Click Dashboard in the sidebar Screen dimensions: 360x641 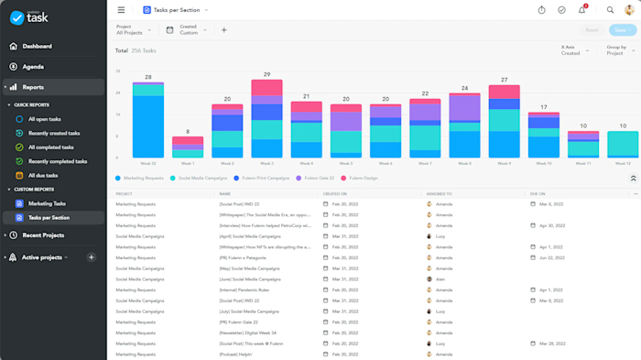click(37, 46)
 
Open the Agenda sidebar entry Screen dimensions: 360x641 click(32, 67)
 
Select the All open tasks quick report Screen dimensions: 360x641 click(44, 119)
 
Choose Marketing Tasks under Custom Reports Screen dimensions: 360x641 click(47, 203)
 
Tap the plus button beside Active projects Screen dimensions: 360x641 click(92, 257)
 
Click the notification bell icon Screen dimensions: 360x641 click(581, 10)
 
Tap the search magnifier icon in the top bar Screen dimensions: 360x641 click(611, 10)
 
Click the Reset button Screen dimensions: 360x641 click(592, 30)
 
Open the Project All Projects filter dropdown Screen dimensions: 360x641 click(134, 30)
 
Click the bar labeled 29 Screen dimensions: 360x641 click(266, 119)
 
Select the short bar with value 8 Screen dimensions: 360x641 click(188, 147)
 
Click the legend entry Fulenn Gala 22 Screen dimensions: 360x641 click(316, 178)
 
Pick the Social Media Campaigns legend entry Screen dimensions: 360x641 click(201, 178)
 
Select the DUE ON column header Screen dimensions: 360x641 click(538, 194)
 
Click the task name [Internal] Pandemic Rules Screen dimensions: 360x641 click(244, 290)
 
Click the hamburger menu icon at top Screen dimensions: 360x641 click(122, 10)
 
